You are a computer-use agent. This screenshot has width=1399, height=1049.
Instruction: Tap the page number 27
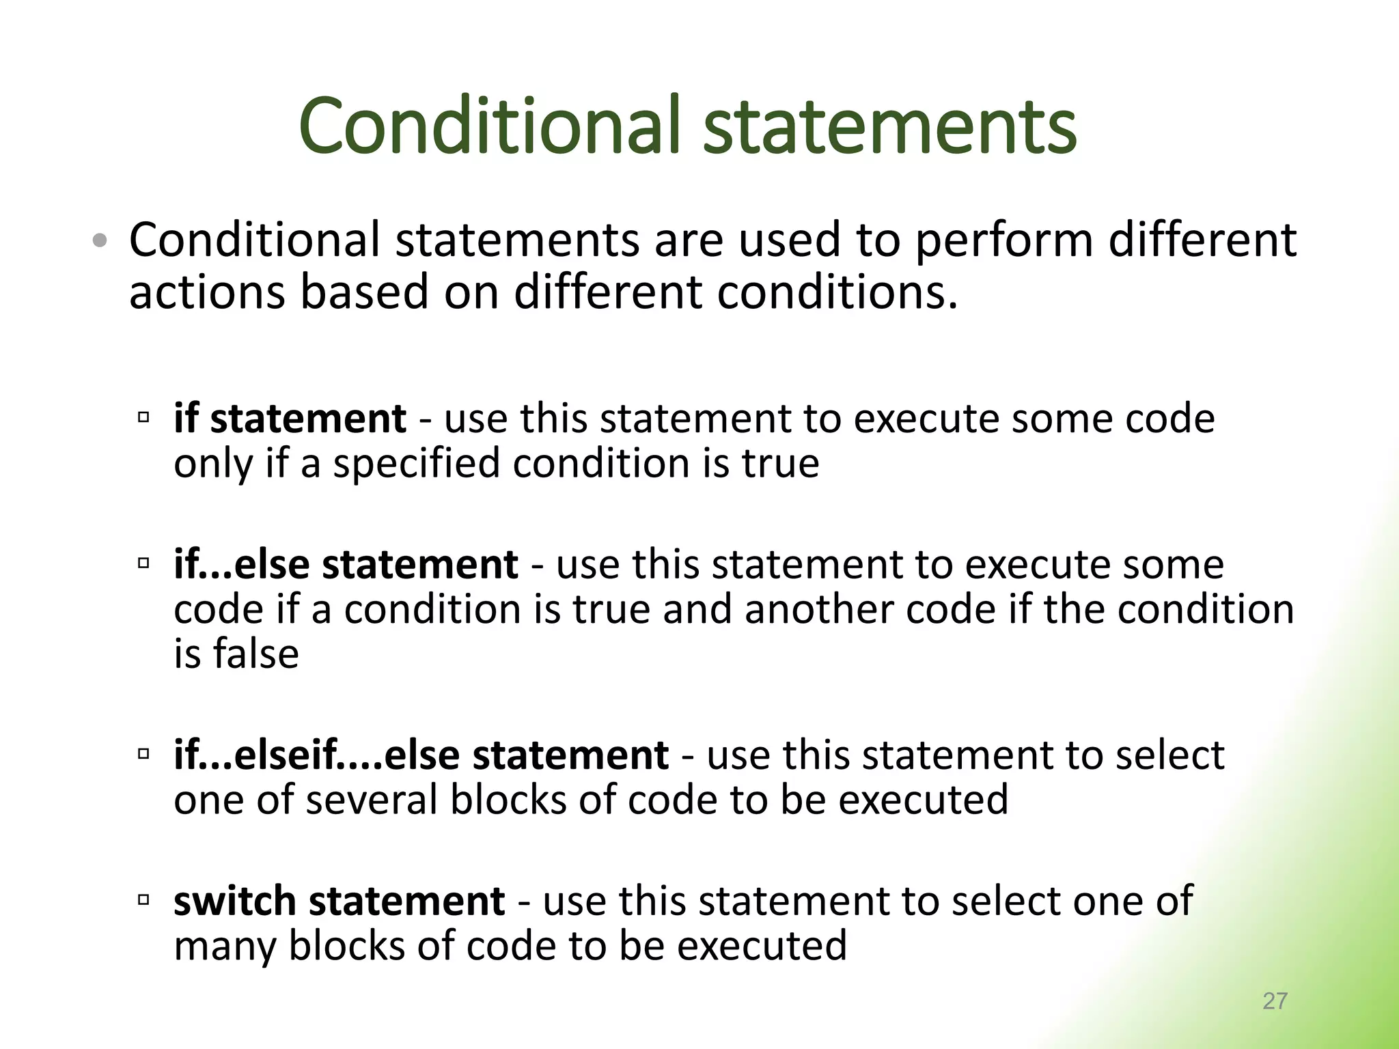point(1275,1001)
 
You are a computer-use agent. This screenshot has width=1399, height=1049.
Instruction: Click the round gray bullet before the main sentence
point(100,240)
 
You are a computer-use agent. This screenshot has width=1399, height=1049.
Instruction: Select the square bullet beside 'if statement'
point(143,417)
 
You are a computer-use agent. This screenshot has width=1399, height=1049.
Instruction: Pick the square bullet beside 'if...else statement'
point(143,563)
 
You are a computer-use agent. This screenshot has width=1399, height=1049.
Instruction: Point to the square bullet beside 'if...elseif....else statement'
point(143,754)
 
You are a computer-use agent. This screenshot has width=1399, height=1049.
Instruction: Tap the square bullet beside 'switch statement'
point(143,899)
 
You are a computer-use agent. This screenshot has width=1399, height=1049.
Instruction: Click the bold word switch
point(235,901)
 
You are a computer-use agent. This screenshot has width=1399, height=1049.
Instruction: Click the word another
point(819,609)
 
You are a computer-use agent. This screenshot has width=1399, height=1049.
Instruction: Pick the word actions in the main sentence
point(207,292)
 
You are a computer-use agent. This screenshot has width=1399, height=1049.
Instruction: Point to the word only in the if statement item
point(213,464)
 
